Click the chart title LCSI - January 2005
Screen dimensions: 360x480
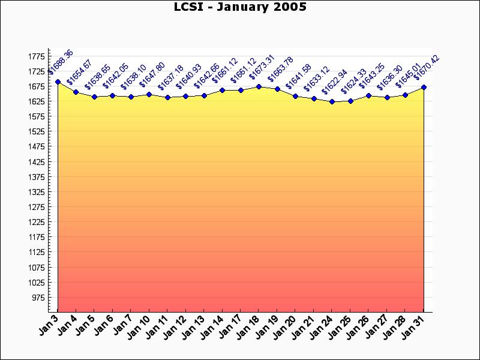239,7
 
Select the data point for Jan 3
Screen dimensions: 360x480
58,82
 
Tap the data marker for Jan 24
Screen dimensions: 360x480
332,101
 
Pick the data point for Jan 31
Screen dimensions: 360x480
424,87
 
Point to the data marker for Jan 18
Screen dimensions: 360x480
259,86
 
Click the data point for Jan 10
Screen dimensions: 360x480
149,94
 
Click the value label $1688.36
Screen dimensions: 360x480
61,62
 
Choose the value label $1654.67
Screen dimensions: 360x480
79,73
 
